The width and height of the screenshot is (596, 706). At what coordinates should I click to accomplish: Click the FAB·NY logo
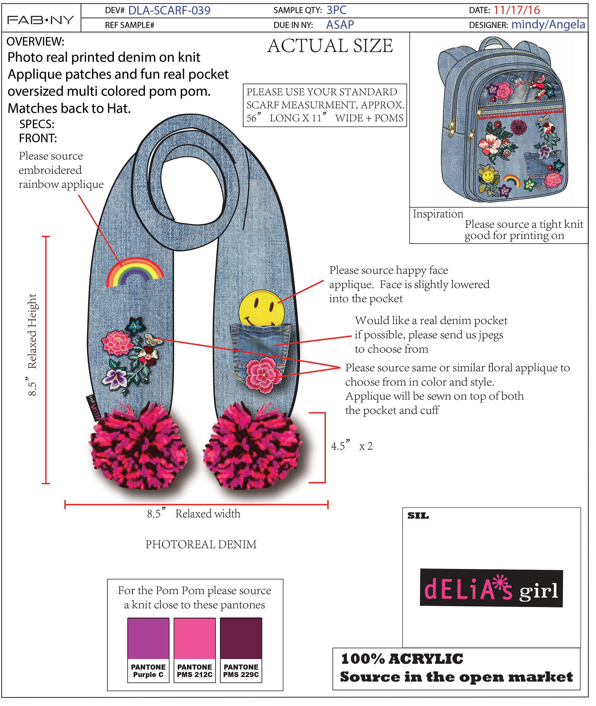click(41, 20)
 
